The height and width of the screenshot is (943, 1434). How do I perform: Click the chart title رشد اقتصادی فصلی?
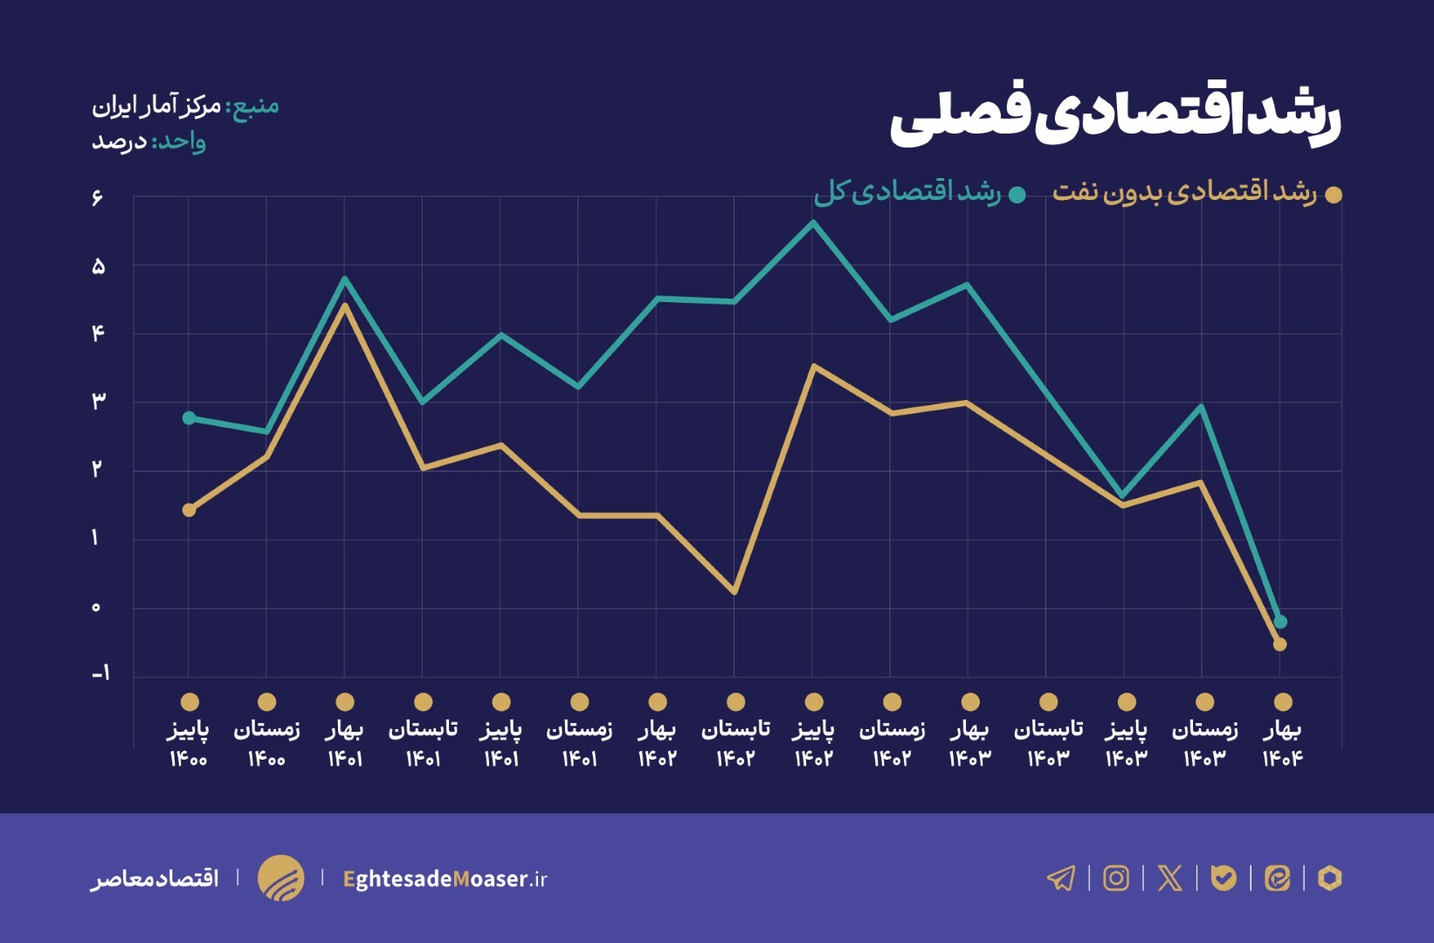tap(1115, 118)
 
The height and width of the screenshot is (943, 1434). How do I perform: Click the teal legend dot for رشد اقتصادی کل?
tap(1017, 195)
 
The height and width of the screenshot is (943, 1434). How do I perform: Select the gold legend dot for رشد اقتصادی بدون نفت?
tap(1334, 195)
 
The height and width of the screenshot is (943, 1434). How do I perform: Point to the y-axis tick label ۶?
tap(97, 198)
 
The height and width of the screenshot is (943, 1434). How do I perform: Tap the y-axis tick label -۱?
tap(101, 673)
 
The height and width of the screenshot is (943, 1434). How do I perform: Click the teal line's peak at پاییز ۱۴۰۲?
tap(813, 224)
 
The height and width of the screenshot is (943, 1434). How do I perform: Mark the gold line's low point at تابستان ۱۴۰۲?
tap(734, 592)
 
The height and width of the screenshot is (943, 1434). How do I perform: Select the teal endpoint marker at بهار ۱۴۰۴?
tap(1280, 622)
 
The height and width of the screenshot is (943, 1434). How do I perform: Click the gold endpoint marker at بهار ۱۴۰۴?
tap(1280, 644)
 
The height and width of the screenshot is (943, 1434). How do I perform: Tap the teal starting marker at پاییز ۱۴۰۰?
tap(190, 418)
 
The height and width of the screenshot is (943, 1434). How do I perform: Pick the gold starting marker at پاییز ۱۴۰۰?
tap(190, 510)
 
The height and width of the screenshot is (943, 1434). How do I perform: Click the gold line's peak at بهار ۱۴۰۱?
tap(345, 305)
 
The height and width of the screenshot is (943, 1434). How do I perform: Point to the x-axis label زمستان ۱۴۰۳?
tap(1204, 742)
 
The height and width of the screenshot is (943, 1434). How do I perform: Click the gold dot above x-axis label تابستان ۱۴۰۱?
tap(424, 702)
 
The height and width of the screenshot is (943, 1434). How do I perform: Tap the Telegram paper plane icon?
tap(1061, 878)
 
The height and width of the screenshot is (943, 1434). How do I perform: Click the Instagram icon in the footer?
tap(1116, 878)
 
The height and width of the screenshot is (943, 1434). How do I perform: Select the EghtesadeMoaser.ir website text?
tap(445, 878)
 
